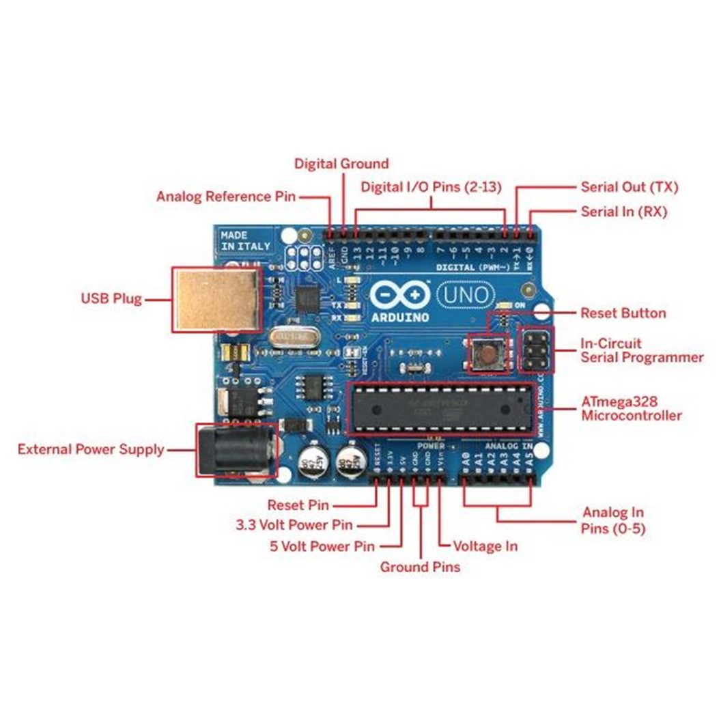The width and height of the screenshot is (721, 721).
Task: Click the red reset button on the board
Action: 487,353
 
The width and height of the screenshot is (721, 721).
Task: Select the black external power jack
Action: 236,451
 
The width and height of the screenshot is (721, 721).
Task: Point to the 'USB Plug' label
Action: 111,298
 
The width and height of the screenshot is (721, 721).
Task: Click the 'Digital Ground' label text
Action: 341,164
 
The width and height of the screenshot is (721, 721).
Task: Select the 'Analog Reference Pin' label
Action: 225,197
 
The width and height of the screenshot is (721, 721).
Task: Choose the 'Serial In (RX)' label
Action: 623,212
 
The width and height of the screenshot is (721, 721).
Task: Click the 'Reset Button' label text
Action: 623,313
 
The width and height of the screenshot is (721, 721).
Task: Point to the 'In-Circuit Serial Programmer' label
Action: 641,350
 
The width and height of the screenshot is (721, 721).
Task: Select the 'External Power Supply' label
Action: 91,449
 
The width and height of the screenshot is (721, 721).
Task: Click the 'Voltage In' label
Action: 485,546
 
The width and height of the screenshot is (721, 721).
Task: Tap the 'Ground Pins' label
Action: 420,567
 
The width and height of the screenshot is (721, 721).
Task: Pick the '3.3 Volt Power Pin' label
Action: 294,525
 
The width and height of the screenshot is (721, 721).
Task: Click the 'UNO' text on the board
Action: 464,296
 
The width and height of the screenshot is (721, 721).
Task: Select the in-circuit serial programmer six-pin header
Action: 537,350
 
